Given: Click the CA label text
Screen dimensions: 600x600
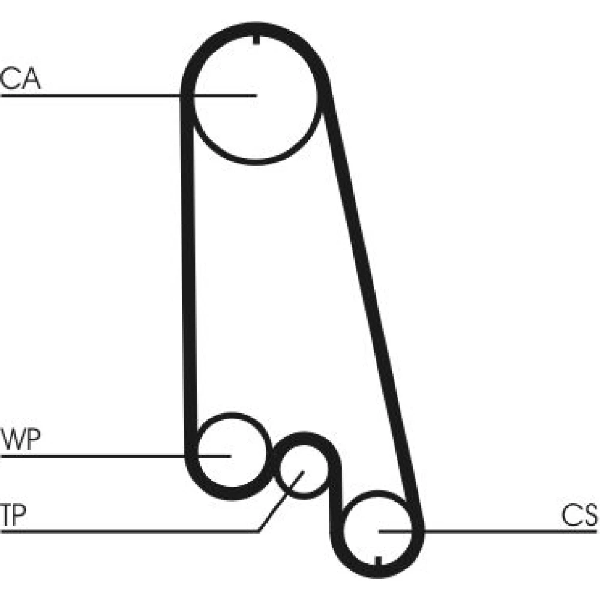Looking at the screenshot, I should [21, 80].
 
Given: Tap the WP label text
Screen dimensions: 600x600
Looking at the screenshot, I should [21, 440].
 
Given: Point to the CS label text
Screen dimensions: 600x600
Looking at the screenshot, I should [580, 515].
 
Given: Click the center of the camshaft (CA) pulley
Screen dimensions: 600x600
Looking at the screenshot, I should [256, 96].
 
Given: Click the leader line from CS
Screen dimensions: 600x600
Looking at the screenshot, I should [510, 531].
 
